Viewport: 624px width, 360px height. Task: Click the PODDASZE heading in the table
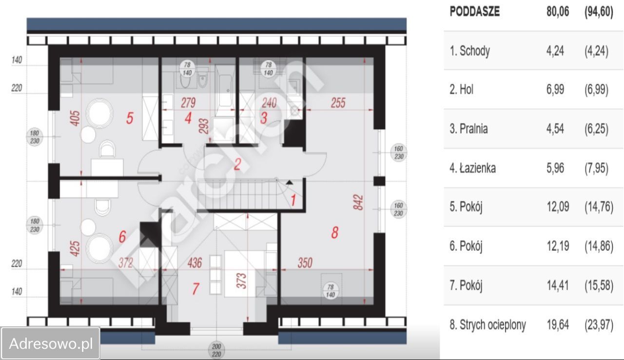click(475, 12)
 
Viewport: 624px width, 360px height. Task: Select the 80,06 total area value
click(558, 12)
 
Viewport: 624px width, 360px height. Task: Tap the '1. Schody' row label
click(469, 51)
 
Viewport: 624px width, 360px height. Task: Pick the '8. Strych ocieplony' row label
click(488, 325)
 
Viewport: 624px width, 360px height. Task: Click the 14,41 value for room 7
click(558, 285)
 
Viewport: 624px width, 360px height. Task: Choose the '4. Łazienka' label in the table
click(473, 168)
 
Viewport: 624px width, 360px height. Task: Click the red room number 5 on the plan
click(130, 118)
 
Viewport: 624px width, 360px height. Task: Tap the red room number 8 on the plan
click(335, 232)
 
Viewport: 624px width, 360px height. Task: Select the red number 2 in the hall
click(237, 164)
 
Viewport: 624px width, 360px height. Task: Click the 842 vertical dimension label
click(358, 203)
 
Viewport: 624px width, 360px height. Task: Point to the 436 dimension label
click(195, 263)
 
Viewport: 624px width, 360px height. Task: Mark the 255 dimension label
click(338, 103)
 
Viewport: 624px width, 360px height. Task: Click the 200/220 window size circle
click(216, 350)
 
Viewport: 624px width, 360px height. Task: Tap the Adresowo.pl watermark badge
click(50, 343)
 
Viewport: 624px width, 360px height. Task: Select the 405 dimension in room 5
click(75, 118)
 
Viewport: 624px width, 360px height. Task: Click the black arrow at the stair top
click(289, 183)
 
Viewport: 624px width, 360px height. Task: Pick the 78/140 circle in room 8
click(331, 291)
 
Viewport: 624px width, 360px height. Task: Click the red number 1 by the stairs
click(293, 200)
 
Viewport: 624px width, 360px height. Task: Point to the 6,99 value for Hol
click(555, 90)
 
